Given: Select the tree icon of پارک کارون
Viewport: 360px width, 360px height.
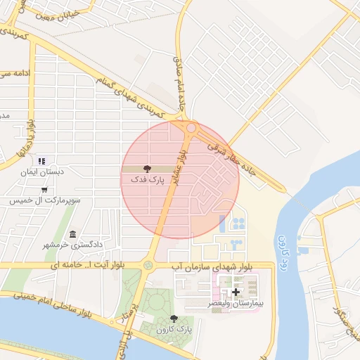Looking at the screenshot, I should click(174, 319).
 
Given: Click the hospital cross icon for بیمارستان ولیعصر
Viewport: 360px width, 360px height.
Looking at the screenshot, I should click(236, 292).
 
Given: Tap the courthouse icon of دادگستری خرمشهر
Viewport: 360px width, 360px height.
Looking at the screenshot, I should click(72, 234).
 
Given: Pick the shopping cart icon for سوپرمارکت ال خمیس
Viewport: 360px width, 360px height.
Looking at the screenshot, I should click(44, 190).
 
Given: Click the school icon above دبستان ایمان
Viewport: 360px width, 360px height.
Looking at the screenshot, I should click(41, 161).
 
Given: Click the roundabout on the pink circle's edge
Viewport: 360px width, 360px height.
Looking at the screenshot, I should click(191, 128).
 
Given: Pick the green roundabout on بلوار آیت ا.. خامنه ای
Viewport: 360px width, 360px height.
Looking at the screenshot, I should click(148, 265).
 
